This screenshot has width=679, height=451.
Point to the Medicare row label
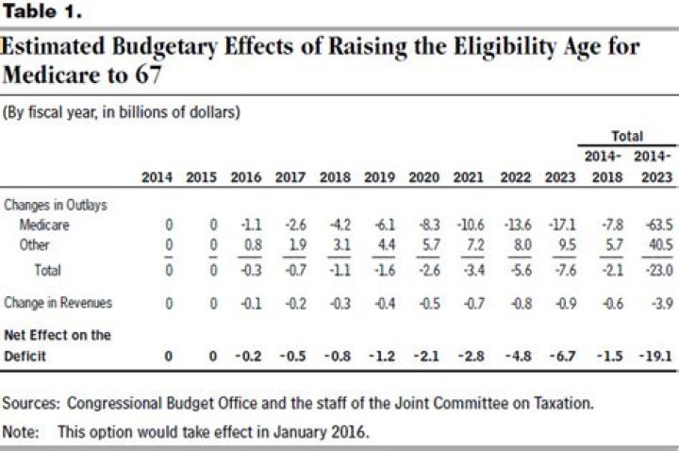[x=44, y=225]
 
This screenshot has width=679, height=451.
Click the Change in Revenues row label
[x=58, y=303]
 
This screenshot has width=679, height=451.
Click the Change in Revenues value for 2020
[x=426, y=304]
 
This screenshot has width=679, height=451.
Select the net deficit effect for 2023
[x=559, y=357]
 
